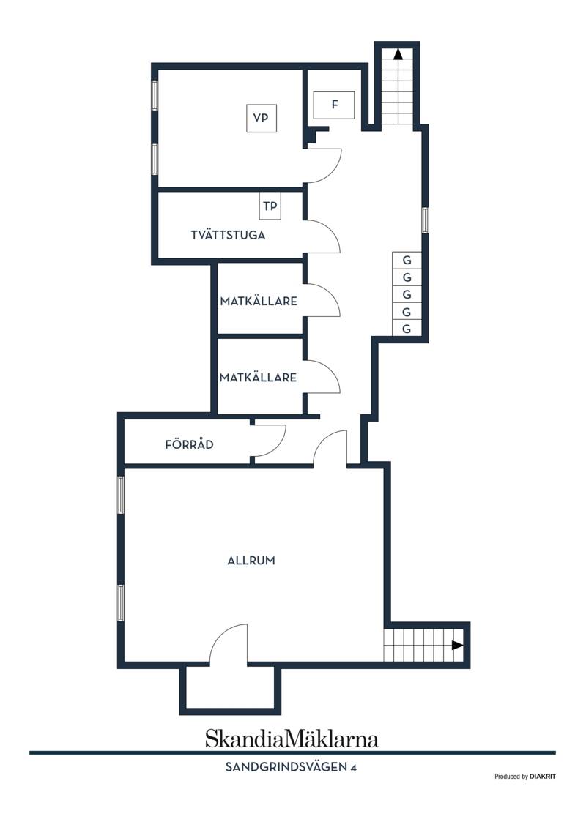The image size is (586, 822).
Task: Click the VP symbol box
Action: tap(262, 118)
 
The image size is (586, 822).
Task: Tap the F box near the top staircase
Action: tap(334, 105)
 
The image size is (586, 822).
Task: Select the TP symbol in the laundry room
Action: tap(270, 206)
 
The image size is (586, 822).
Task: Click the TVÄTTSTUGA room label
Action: tap(229, 235)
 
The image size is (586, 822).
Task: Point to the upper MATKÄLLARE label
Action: tap(259, 302)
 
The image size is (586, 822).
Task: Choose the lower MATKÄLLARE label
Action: tap(258, 378)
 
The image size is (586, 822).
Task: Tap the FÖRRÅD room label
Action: tap(190, 444)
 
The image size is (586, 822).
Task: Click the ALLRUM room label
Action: tap(251, 561)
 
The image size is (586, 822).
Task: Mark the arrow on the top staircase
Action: tap(398, 53)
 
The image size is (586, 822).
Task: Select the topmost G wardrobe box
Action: tap(407, 260)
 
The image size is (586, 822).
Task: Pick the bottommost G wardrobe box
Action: tap(407, 329)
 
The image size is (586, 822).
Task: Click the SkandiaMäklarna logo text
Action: tap(292, 739)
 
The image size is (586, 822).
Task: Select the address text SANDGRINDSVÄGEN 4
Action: tap(291, 767)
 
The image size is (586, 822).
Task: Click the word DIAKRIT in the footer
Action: tap(543, 777)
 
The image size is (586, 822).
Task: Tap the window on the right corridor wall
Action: tap(426, 220)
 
